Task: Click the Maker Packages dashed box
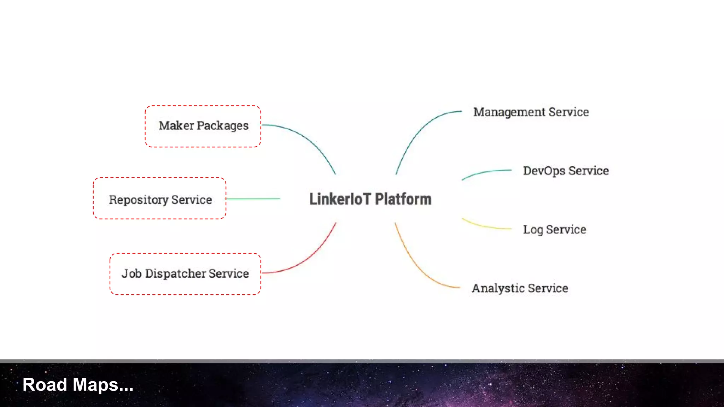click(203, 126)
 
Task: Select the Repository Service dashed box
click(159, 199)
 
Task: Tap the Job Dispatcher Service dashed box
click(185, 274)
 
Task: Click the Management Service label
click(531, 112)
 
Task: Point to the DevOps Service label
click(566, 171)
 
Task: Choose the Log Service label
click(554, 230)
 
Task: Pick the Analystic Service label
click(520, 288)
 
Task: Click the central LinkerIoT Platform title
click(370, 199)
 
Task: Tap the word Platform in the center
click(403, 199)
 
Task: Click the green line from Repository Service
click(253, 199)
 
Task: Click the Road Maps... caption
click(78, 385)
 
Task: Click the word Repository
click(139, 200)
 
